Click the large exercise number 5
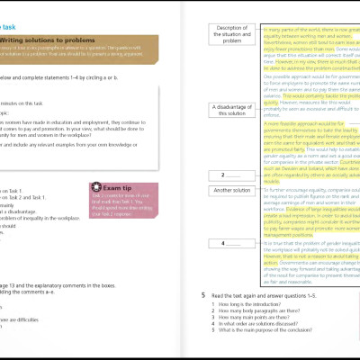pos(203,294)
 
